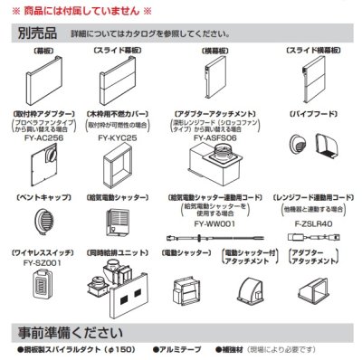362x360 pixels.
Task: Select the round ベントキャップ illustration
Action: pyautogui.click(x=39, y=220)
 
